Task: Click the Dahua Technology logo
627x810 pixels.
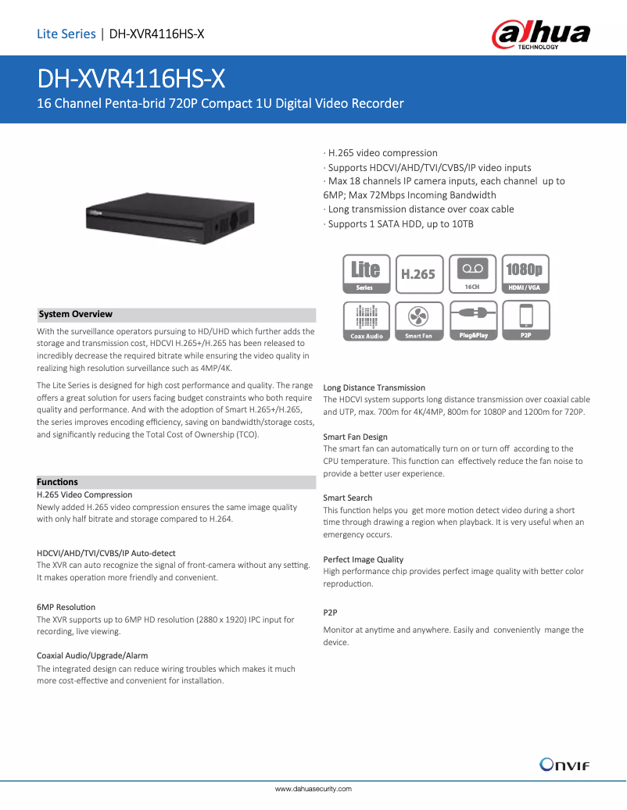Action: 541,35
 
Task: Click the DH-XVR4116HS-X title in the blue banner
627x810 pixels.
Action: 132,79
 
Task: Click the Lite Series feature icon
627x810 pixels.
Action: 365,273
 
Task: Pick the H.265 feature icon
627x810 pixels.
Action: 418,273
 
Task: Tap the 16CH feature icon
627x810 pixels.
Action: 471,273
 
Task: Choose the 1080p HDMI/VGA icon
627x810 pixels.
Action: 525,273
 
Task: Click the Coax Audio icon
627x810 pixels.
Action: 365,321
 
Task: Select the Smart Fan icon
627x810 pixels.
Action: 418,321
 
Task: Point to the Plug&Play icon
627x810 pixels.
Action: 471,321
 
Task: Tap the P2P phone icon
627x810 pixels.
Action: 525,321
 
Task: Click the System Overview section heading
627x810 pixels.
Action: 76,314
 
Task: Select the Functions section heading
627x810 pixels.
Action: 58,482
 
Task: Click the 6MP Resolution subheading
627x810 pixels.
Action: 66,607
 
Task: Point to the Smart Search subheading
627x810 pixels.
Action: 348,498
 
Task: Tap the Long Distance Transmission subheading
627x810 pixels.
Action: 374,387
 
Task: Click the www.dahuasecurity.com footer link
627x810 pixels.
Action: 313,790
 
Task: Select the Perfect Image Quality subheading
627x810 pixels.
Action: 364,559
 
